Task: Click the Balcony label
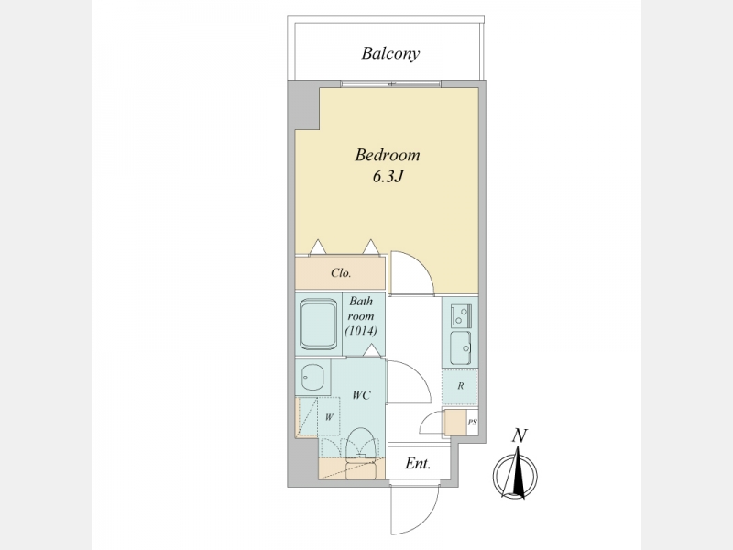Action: coord(390,53)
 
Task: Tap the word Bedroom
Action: coord(387,155)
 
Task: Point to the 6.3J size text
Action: coord(388,177)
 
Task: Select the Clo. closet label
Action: coord(341,272)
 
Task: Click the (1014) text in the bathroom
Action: coord(361,331)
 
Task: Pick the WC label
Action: coord(361,395)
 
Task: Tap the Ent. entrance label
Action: coord(418,464)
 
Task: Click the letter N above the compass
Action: coord(519,436)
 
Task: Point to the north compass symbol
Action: coord(515,474)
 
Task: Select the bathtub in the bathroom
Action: coord(318,324)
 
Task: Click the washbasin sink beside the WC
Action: coord(312,377)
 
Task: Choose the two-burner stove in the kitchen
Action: coord(461,315)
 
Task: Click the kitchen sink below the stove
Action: coord(461,348)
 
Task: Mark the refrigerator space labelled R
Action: coord(460,386)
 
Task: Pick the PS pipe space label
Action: coord(473,422)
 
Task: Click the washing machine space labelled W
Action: coord(329,416)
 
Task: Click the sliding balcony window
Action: coord(391,83)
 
